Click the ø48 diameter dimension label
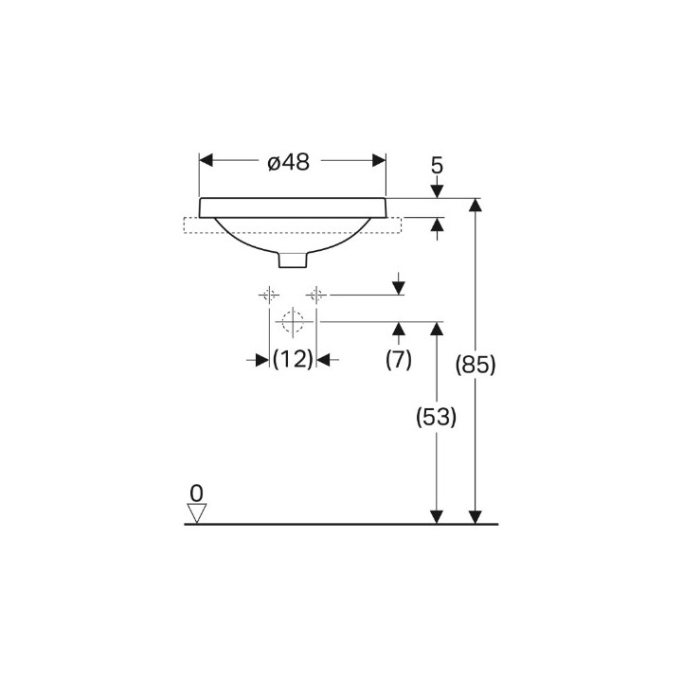coord(289,162)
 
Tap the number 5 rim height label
coord(437,166)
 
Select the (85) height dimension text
coord(476,364)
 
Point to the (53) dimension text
coord(437,417)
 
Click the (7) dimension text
coord(399,360)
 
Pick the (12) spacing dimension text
coord(293,359)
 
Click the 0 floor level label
coord(197,494)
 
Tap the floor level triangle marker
coord(197,513)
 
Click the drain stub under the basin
coord(293,260)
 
